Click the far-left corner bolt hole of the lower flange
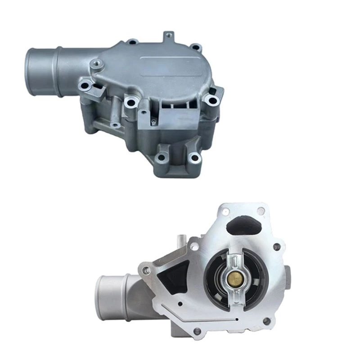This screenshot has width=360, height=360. (x=146, y=272)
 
